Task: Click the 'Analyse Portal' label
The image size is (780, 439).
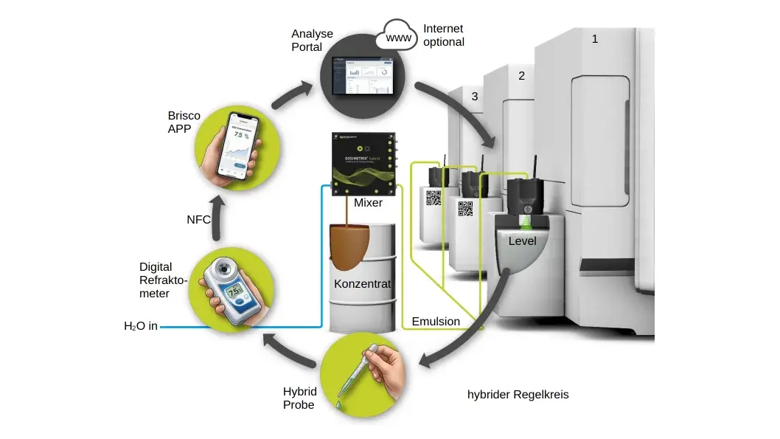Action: pos(312,40)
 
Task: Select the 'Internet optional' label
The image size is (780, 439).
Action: pos(443,35)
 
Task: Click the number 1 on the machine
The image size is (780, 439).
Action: pos(595,38)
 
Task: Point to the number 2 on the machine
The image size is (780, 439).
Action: pos(521,75)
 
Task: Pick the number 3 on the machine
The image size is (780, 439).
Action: pos(474,96)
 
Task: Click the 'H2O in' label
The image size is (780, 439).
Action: pos(140,325)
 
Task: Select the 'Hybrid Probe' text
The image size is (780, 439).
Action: pos(299,398)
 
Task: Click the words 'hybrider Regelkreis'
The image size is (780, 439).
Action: pos(518,394)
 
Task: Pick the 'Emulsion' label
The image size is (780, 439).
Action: pos(436,321)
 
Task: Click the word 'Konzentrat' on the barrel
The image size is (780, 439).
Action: pos(362,284)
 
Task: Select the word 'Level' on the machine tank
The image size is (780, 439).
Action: pos(523,241)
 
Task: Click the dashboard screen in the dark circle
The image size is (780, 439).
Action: pos(362,75)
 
